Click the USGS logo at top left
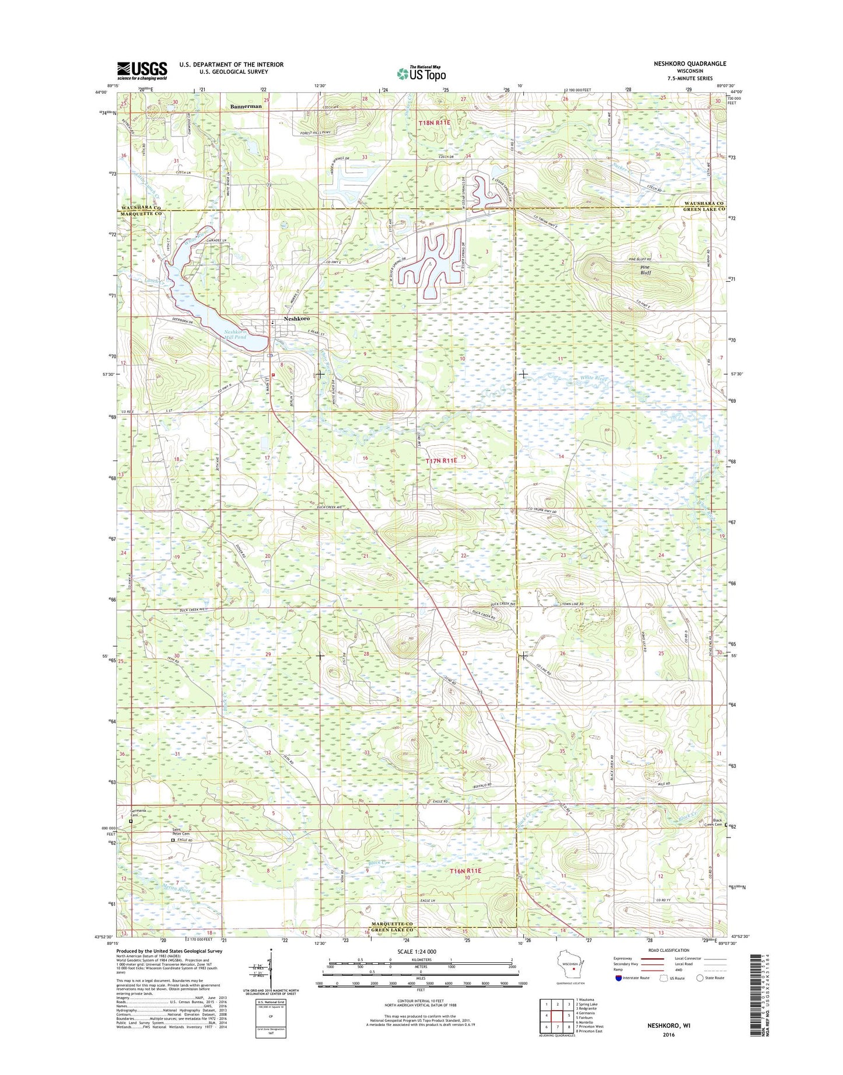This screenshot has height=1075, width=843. (x=142, y=71)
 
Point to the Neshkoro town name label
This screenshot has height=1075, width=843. (x=296, y=319)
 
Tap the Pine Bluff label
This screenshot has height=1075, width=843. (x=645, y=270)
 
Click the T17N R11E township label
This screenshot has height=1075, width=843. (x=440, y=461)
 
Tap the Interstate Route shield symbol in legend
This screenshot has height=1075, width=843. (x=618, y=978)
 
